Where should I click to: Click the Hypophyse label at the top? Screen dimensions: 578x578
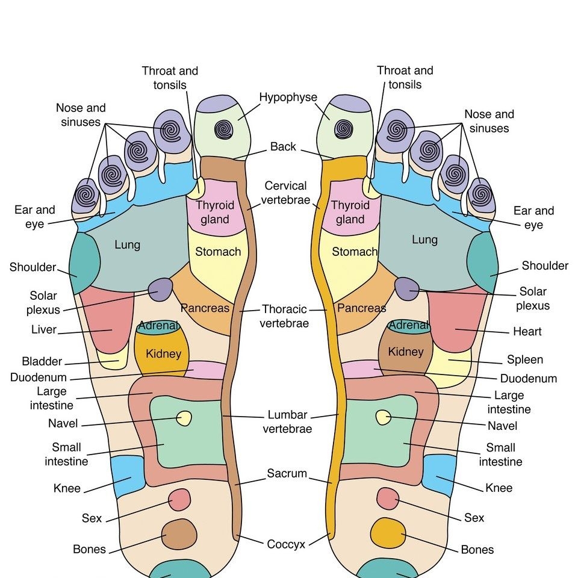[288, 98]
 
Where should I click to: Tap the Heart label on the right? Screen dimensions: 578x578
[527, 331]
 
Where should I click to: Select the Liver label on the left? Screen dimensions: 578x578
[43, 330]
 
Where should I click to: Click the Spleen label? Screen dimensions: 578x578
[524, 359]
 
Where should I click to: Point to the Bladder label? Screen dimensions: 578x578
[42, 361]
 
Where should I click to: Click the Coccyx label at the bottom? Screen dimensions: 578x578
[286, 544]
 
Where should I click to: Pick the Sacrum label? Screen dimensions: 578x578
[287, 474]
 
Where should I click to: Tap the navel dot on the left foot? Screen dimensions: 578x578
[184, 418]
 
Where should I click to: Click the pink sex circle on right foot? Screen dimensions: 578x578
[388, 499]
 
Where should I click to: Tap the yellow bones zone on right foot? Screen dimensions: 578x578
[387, 532]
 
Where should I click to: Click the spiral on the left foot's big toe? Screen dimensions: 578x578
[225, 129]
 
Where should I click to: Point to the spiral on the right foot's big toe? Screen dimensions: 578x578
[344, 128]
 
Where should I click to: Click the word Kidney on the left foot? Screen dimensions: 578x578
[163, 353]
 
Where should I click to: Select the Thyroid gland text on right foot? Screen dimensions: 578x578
[350, 212]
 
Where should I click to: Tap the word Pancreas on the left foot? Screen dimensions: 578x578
[205, 308]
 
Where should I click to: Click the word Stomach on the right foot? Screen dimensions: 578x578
[355, 252]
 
